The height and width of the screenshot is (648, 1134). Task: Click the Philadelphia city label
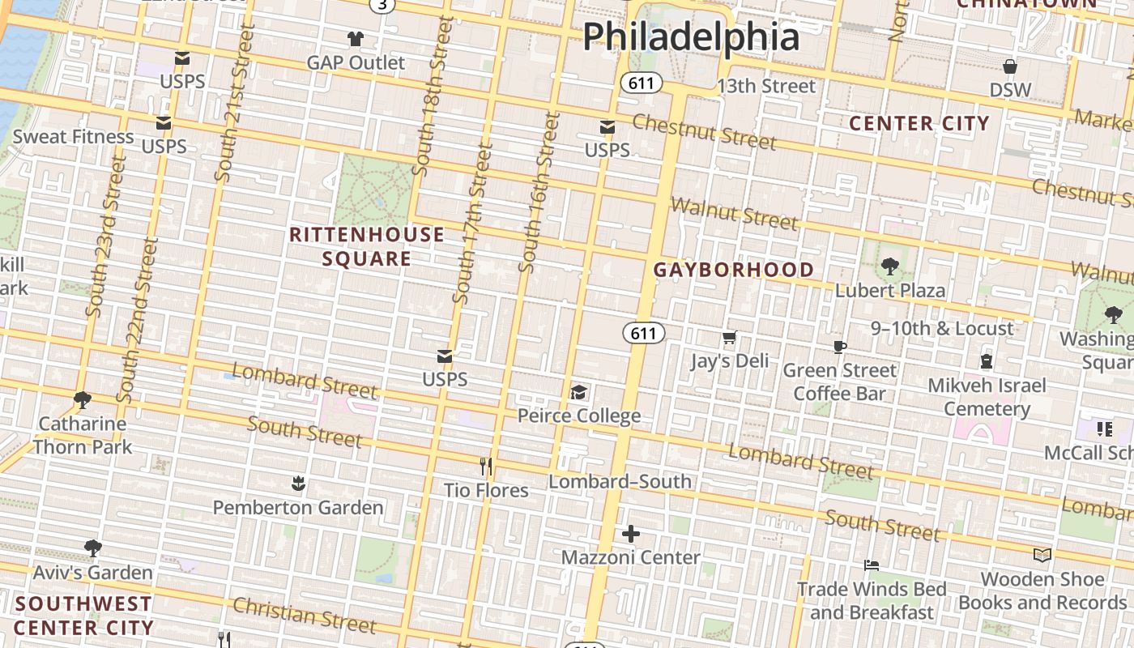coord(691,36)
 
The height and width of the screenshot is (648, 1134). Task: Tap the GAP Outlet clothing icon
coord(355,38)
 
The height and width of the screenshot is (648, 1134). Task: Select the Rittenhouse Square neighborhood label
coord(367,246)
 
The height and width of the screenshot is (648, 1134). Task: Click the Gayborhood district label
coord(734,270)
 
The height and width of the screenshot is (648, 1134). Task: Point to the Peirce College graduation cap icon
coord(578,393)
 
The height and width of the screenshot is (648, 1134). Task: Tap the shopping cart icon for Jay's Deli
coord(729,338)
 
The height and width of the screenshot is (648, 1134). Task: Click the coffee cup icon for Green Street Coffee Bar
coord(840,347)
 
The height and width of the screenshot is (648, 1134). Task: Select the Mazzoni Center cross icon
coord(630,534)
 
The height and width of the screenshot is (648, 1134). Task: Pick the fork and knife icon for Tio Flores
coord(486,467)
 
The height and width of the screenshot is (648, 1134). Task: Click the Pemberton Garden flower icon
coord(298,484)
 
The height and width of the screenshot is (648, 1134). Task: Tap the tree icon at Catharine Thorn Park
coord(82,400)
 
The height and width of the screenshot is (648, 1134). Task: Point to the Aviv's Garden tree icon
coord(93,548)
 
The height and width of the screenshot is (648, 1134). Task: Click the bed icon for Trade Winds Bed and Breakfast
coord(872,565)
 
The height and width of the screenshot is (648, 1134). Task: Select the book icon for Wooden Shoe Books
coord(1042,556)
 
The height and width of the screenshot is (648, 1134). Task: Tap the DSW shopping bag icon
coord(1010,66)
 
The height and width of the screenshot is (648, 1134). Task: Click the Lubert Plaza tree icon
coord(889,266)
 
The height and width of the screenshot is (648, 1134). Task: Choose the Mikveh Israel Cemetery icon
coord(987,361)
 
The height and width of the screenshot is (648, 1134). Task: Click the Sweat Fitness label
coord(73,136)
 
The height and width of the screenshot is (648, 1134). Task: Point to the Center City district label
coord(919,123)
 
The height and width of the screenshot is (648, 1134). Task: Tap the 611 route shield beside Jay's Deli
coord(644,333)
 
